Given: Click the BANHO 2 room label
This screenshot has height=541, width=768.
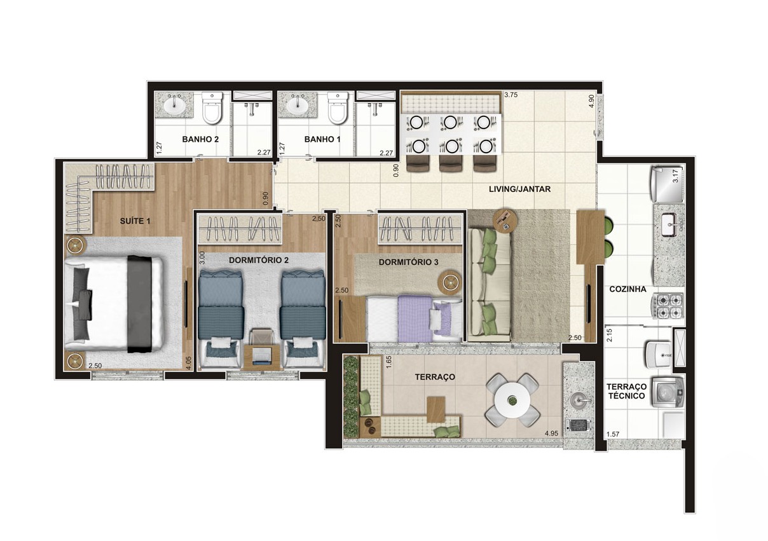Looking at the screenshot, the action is coord(200,139).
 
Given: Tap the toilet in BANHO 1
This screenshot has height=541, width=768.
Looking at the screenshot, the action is coord(338,107).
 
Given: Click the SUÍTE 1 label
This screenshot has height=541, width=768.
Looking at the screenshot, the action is coord(135,221).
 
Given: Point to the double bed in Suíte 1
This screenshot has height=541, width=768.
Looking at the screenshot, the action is coord(115,305).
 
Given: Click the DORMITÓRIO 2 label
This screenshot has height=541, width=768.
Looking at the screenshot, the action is coord(259,260).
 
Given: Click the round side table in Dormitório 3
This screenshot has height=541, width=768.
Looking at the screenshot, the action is coord(449,283).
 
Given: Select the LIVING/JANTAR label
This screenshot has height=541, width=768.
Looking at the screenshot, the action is coord(520,189).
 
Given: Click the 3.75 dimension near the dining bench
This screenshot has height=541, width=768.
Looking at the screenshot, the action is coord(511,95).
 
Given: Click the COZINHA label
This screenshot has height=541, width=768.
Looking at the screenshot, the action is coord(627,289).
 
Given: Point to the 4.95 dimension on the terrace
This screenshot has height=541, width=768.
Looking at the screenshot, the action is coord(551,434).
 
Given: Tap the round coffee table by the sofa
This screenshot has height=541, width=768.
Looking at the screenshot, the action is coord(505,221).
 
